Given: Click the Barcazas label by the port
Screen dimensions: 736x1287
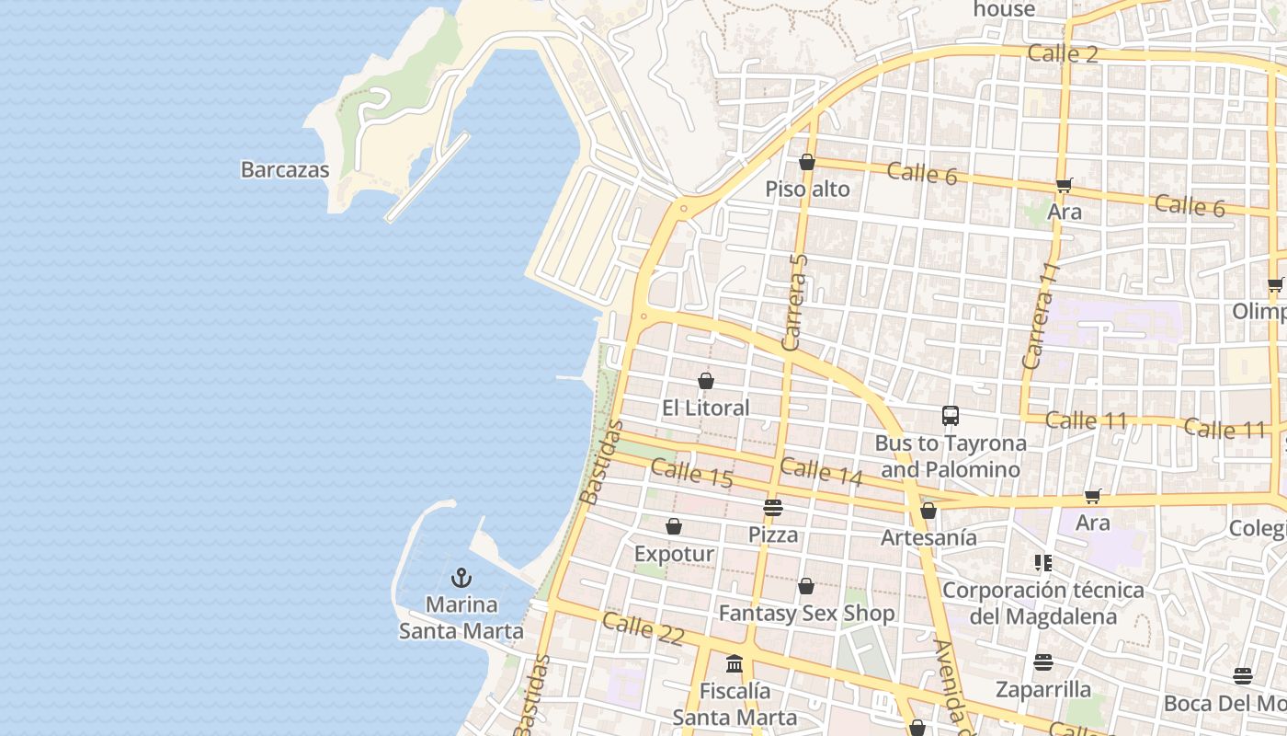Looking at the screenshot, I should pyautogui.click(x=285, y=169).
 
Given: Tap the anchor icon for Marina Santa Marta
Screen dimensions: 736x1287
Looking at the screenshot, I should pyautogui.click(x=461, y=578).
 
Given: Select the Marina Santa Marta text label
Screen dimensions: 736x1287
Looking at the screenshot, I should pyautogui.click(x=461, y=618).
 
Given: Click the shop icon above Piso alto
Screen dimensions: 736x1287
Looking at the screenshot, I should pyautogui.click(x=807, y=163).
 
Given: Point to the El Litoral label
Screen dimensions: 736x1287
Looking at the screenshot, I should pyautogui.click(x=706, y=408).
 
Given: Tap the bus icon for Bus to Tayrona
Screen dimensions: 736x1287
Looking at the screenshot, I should pyautogui.click(x=951, y=416).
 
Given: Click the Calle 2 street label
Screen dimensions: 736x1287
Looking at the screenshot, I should pyautogui.click(x=1063, y=53).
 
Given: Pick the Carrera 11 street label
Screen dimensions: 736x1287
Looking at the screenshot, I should pyautogui.click(x=1041, y=316).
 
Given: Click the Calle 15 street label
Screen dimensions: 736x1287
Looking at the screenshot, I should pyautogui.click(x=692, y=474).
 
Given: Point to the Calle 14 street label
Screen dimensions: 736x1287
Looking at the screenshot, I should pyautogui.click(x=821, y=471).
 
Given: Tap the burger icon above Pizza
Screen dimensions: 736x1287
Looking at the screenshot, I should pyautogui.click(x=773, y=508).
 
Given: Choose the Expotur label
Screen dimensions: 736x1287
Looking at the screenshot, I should pyautogui.click(x=674, y=554).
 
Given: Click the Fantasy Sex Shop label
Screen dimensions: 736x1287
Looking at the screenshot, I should pyautogui.click(x=806, y=614).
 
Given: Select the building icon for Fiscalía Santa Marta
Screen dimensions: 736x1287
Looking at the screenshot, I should pyautogui.click(x=735, y=663).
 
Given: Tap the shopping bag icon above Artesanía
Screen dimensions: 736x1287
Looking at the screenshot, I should pyautogui.click(x=928, y=511).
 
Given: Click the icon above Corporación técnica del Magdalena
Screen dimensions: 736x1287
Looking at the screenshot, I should pyautogui.click(x=1042, y=562).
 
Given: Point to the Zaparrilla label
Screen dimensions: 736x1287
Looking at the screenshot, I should pyautogui.click(x=1043, y=689).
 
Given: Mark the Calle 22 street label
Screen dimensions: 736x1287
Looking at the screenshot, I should pyautogui.click(x=643, y=629).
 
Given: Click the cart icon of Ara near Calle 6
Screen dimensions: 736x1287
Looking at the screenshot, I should pyautogui.click(x=1065, y=185).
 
